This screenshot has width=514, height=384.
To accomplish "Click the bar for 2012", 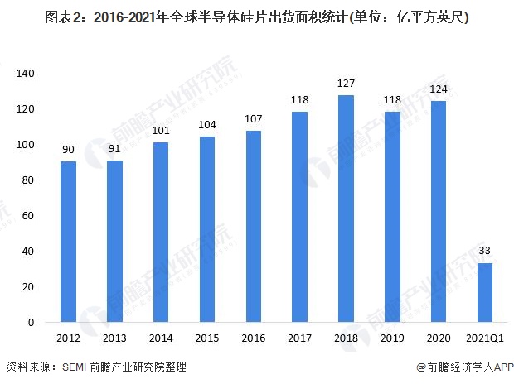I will (68, 242).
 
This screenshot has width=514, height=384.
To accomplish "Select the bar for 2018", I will (347, 209).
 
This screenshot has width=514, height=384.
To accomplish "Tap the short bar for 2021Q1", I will (486, 292).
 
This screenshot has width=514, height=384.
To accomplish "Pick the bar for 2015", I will (207, 229).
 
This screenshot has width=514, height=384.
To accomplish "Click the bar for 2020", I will (439, 211).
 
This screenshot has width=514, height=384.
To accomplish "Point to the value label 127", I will (347, 84).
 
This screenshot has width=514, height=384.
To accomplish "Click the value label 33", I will (486, 251).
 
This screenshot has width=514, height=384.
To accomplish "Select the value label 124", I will (439, 89).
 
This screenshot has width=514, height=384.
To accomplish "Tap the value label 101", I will (161, 130).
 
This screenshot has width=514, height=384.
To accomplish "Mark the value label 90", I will (68, 149).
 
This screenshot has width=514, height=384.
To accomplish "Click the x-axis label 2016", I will (254, 338).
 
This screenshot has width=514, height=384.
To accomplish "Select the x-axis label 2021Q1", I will (486, 338).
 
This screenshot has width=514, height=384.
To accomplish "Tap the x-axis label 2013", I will (114, 338).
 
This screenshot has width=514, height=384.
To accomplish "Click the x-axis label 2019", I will (393, 338).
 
